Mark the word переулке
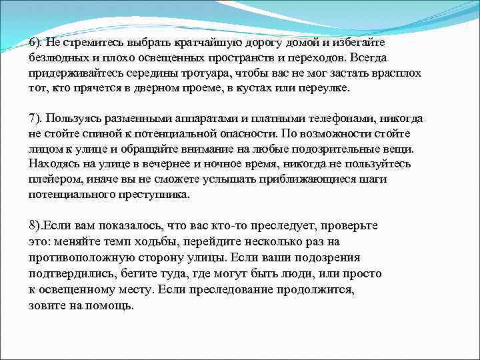[333, 88]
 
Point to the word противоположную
[79, 257]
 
